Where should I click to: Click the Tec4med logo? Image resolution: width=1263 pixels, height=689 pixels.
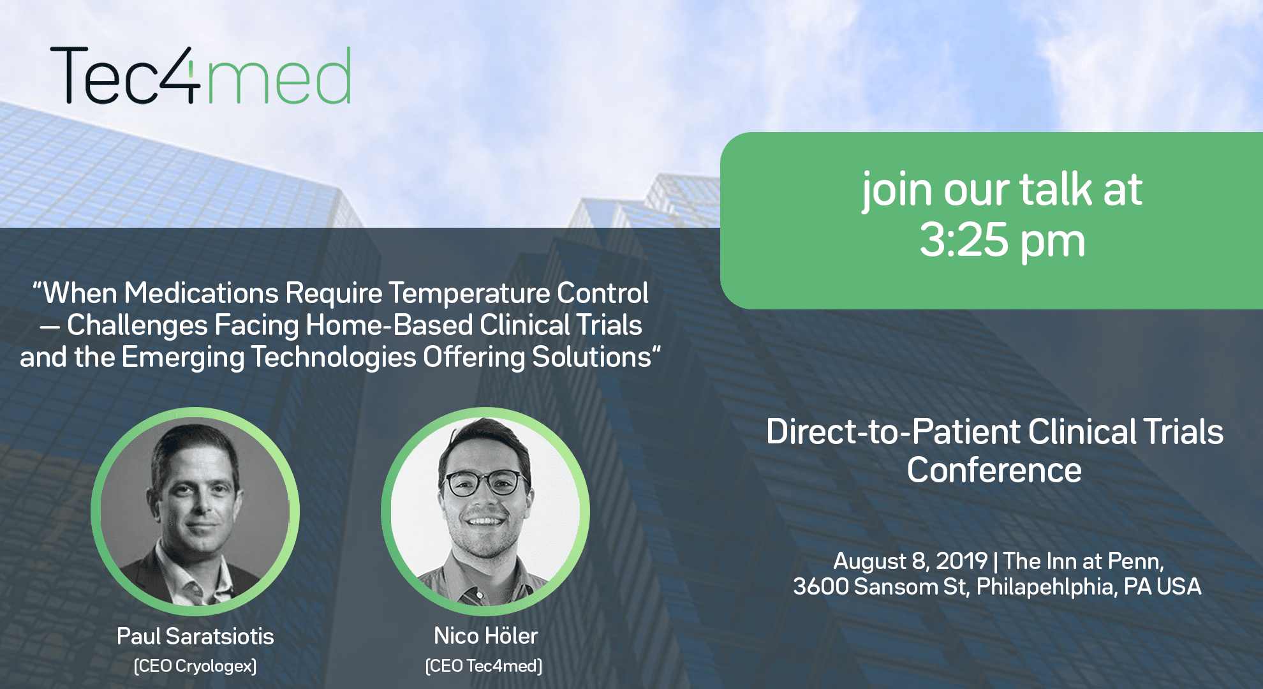pos(200,75)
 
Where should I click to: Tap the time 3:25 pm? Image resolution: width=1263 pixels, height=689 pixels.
pos(1002,241)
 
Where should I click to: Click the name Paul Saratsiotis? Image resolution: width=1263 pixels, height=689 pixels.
pos(195,636)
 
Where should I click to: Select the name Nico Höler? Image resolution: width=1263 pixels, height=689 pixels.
pos(486,635)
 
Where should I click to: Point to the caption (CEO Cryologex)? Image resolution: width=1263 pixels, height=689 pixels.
pos(195,666)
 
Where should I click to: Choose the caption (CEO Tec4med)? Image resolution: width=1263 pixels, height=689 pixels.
pos(484,666)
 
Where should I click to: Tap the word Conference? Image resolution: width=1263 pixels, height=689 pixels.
pos(994,470)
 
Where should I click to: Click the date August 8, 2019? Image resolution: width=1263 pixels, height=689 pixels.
pos(910,561)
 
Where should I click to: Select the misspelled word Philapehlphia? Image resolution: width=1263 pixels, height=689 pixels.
pos(1047,587)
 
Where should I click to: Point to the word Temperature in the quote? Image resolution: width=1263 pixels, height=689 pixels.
pos(469,293)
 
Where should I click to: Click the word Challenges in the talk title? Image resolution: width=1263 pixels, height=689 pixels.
pos(137,325)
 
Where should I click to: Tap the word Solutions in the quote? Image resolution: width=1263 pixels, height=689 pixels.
pos(591,357)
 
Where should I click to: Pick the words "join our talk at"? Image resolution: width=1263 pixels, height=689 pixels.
pos(1002,189)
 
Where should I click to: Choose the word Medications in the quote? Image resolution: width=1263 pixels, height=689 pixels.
pos(201,293)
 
